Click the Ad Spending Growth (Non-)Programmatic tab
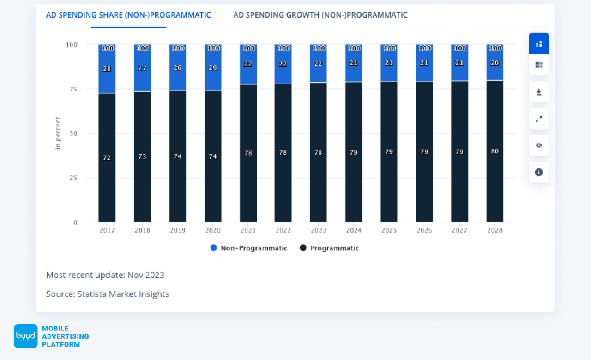click(320, 15)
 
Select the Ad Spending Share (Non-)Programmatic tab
click(128, 15)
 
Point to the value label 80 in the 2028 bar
click(495, 151)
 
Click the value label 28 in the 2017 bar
click(107, 69)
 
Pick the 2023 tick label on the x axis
click(318, 230)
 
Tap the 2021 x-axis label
click(248, 230)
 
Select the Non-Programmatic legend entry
click(249, 248)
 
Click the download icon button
click(539, 92)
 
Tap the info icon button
click(539, 172)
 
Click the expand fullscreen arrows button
click(539, 119)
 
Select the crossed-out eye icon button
click(539, 145)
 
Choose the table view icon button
click(539, 65)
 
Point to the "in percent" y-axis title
click(58, 133)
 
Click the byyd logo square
click(25, 336)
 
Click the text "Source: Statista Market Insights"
click(108, 294)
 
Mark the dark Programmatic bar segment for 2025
click(389, 185)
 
